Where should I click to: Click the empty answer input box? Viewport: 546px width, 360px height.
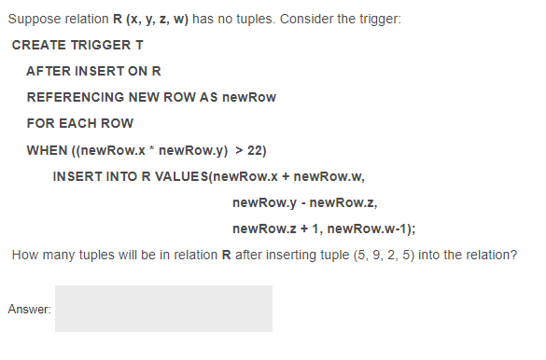click(x=163, y=309)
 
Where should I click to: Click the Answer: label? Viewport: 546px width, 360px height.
click(x=28, y=309)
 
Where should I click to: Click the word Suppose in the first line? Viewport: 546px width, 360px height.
click(x=31, y=20)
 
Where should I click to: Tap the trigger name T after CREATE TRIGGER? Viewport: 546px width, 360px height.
click(x=139, y=45)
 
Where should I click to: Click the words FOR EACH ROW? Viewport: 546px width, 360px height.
click(x=79, y=123)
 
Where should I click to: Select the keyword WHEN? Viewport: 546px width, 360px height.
click(x=46, y=149)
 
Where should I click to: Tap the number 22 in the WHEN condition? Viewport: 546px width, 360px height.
click(x=256, y=149)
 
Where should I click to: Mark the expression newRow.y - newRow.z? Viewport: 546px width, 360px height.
click(x=303, y=202)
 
